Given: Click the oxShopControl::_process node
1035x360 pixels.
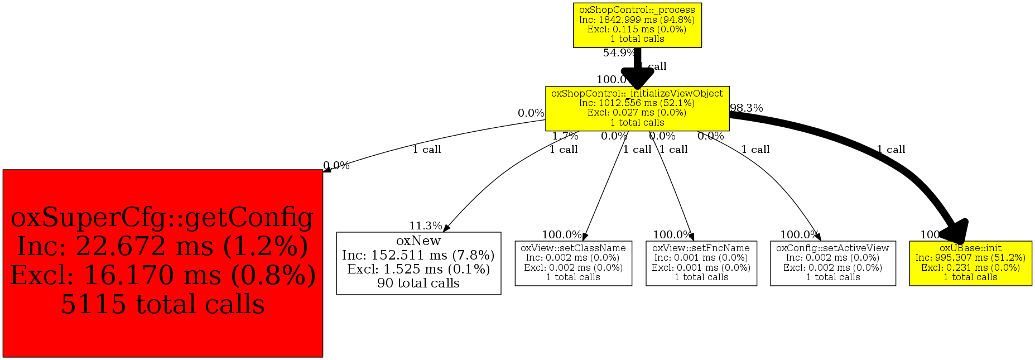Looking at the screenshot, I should (637, 25).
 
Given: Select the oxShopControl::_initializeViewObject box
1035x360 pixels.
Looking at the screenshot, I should (637, 109).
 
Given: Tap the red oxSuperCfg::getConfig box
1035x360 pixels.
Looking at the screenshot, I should (162, 263).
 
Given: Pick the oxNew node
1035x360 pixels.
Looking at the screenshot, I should (418, 263).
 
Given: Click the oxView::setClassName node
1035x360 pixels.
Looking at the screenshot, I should (573, 263).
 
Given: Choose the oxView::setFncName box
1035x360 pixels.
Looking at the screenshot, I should (701, 263).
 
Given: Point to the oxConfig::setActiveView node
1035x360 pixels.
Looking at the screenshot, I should (832, 263).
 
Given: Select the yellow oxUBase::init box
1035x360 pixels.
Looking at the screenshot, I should (970, 263).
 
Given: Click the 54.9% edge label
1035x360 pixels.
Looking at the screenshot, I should (618, 53).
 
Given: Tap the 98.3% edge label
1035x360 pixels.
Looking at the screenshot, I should (747, 108).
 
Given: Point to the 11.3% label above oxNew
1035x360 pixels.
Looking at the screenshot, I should (425, 226).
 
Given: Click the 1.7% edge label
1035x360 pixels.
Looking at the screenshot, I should (565, 136).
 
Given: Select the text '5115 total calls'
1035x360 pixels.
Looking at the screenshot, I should (162, 305).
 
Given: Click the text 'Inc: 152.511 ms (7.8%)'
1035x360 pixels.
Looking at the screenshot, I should (418, 255).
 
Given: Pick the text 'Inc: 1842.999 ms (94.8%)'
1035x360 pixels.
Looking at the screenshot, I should (637, 20).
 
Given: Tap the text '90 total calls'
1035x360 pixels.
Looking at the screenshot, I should (418, 283).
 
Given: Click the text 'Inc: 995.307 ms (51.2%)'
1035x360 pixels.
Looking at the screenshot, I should (970, 258).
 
